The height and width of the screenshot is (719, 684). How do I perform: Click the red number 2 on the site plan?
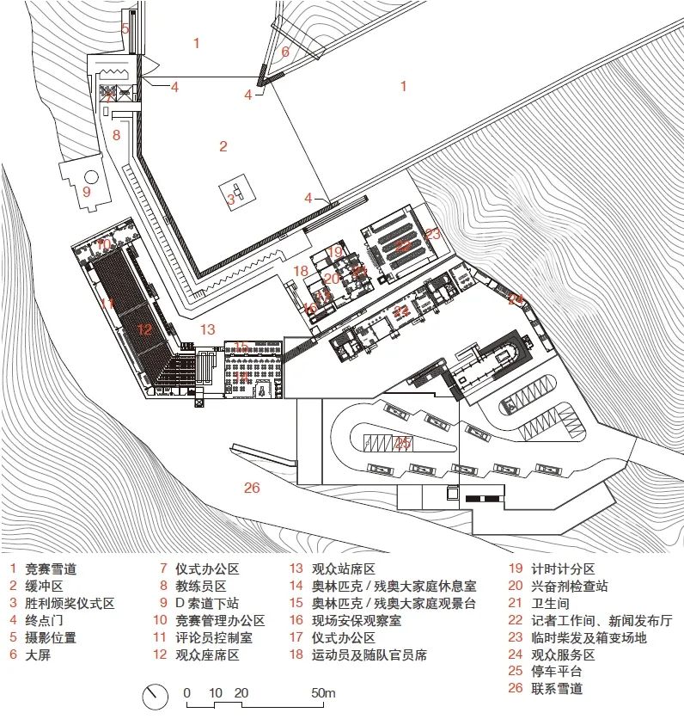[x=223, y=146]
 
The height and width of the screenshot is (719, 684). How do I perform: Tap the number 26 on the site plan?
[x=251, y=488]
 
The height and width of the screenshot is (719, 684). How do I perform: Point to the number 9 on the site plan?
[x=86, y=191]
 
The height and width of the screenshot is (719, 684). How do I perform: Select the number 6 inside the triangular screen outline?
[x=285, y=52]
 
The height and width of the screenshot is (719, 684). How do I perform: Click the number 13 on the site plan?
[x=208, y=329]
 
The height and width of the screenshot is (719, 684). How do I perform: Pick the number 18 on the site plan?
[x=300, y=271]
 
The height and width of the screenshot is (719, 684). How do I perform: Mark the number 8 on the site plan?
[x=116, y=135]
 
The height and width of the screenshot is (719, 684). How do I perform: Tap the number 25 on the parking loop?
[x=402, y=444]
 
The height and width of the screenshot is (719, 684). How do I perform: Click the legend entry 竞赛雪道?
[x=51, y=568]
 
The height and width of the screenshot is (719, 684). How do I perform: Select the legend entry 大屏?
[x=38, y=654]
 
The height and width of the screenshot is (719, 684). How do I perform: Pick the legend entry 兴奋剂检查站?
[x=570, y=586]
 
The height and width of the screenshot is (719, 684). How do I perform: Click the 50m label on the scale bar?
[x=322, y=693]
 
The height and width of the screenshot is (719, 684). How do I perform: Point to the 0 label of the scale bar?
[x=187, y=693]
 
